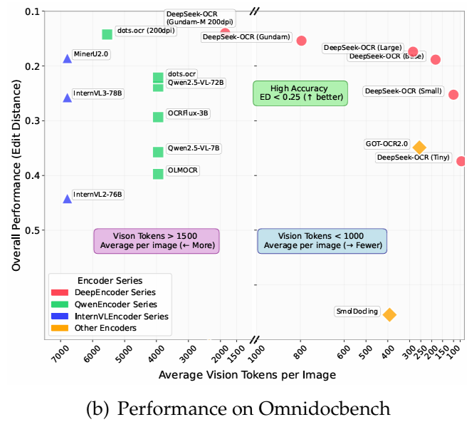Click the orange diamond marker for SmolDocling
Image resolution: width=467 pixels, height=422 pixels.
tap(389, 314)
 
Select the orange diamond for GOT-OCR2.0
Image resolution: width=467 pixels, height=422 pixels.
tap(419, 148)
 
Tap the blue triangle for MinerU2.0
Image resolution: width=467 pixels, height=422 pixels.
tap(68, 58)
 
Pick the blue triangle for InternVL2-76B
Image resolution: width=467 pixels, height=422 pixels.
tap(68, 199)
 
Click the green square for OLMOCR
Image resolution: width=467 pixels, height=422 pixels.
tap(158, 174)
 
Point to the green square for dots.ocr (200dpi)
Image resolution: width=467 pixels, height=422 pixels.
tap(107, 34)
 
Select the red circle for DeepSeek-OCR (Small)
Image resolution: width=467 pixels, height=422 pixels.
tap(453, 95)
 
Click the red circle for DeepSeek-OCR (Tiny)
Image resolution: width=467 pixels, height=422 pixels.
tap(461, 161)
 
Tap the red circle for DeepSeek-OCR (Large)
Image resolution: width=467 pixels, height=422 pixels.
tap(414, 51)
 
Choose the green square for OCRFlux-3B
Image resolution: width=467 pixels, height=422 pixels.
tap(158, 117)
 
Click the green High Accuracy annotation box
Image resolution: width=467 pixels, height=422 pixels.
tap(300, 93)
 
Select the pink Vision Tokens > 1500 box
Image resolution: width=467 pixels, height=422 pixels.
tap(156, 241)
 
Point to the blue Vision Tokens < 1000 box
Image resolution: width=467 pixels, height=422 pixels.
tap(322, 241)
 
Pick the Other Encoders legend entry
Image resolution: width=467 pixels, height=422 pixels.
tap(103, 328)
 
